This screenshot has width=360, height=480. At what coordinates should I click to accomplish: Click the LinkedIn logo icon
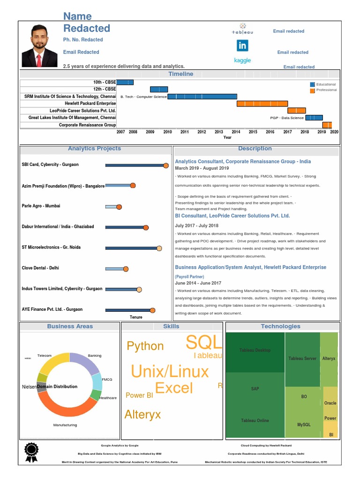(x=242, y=45)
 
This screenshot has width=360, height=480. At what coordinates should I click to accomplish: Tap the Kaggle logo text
(x=242, y=60)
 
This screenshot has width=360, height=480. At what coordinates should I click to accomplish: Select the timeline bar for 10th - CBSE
(x=125, y=82)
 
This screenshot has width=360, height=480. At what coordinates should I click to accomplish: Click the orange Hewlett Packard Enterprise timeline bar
(x=262, y=104)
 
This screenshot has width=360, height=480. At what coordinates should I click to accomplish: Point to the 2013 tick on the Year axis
(x=219, y=132)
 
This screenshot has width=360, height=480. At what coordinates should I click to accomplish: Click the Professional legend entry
(x=326, y=90)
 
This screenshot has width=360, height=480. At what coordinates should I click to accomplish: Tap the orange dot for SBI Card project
(x=166, y=165)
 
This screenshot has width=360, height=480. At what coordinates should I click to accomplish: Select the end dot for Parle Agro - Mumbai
(x=119, y=207)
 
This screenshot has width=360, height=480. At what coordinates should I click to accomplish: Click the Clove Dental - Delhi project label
(x=40, y=268)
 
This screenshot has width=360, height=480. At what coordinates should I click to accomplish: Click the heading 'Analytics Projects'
(x=94, y=149)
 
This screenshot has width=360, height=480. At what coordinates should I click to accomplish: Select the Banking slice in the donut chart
(x=85, y=363)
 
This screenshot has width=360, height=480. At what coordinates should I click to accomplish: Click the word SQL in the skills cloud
(x=203, y=343)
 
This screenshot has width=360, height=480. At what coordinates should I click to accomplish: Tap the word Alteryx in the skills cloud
(x=142, y=414)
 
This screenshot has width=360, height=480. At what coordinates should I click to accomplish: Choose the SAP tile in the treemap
(x=255, y=389)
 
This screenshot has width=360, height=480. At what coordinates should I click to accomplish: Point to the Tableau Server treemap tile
(x=302, y=359)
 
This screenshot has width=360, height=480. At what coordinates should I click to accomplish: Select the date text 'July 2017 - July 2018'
(x=196, y=226)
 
